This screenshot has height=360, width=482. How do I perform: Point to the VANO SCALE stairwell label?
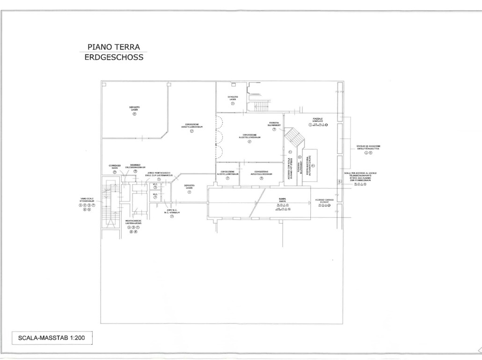(87, 201)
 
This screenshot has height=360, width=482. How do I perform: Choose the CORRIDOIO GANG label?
(115, 166)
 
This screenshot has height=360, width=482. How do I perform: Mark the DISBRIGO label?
(135, 166)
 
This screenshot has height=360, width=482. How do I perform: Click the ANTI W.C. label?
(172, 211)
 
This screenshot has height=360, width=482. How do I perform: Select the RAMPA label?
(282, 200)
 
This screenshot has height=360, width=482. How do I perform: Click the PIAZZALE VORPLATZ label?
(318, 120)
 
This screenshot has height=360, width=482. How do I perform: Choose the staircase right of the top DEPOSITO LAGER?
(262, 105)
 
